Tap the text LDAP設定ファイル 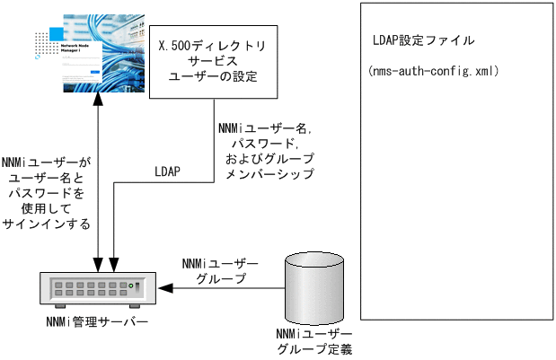click(x=423, y=41)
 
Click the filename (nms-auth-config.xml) click(x=435, y=70)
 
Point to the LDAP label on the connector click(x=170, y=170)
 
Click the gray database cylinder click(x=313, y=287)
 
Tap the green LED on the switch click(x=133, y=287)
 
